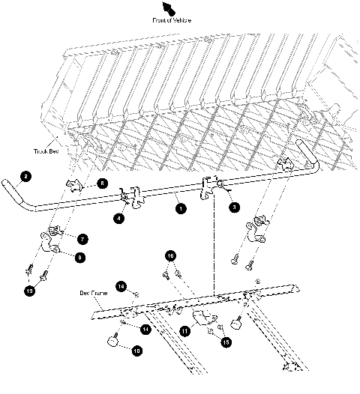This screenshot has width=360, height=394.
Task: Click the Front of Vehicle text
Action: (x=172, y=20)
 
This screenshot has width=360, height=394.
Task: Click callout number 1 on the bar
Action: (x=181, y=210)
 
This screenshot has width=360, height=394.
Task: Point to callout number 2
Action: (x=25, y=177)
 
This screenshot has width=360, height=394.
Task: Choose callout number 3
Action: (x=234, y=207)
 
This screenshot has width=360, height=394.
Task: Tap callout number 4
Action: (x=118, y=218)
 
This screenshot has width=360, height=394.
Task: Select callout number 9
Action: (x=81, y=257)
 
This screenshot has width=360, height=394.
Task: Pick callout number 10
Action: (x=136, y=349)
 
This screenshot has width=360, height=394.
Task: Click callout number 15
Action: (x=226, y=342)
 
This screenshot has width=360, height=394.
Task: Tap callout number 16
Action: (x=171, y=256)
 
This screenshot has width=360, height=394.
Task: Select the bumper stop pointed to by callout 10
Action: (x=113, y=342)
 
